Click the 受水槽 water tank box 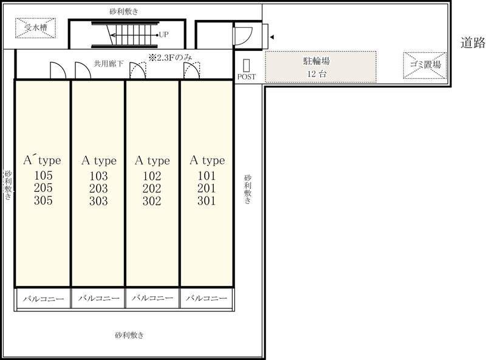pyautogui.click(x=36, y=28)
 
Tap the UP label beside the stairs pyautogui.click(x=163, y=35)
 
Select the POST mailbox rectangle pyautogui.click(x=247, y=66)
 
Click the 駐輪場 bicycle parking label pyautogui.click(x=316, y=61)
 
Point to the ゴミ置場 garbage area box pyautogui.click(x=425, y=65)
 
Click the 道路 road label pyautogui.click(x=473, y=42)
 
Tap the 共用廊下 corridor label pyautogui.click(x=109, y=64)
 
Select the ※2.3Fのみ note pyautogui.click(x=171, y=57)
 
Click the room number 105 pyautogui.click(x=43, y=175)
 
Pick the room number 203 pyautogui.click(x=98, y=188)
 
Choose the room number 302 pyautogui.click(x=152, y=201)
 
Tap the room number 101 pyautogui.click(x=207, y=175)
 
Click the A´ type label pyautogui.click(x=42, y=160)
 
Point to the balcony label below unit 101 pyautogui.click(x=207, y=298)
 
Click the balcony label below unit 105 pyautogui.click(x=43, y=299)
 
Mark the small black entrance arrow pyautogui.click(x=272, y=37)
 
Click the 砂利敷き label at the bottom pyautogui.click(x=129, y=335)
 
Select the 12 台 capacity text pyautogui.click(x=317, y=73)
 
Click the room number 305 pyautogui.click(x=43, y=200)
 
